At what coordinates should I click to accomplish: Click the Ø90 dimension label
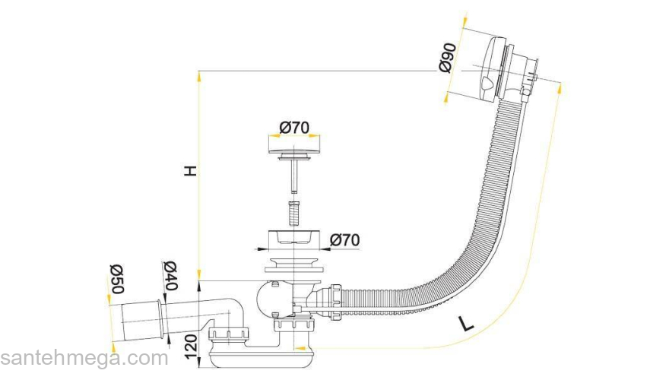[x=447, y=58]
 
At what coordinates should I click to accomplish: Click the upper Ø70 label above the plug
[x=294, y=127]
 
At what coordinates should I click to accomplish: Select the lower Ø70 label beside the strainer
[x=344, y=240]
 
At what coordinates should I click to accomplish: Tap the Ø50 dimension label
[x=116, y=279]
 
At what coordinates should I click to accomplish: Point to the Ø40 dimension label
[x=170, y=275]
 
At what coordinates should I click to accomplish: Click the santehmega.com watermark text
[x=84, y=358]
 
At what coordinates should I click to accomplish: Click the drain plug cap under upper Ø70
[x=294, y=150]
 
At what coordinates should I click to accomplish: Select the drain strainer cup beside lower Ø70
[x=294, y=238]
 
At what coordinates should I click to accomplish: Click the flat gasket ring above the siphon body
[x=293, y=270]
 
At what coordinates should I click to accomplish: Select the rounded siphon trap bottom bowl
[x=263, y=358]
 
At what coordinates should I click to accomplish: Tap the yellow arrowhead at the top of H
[x=199, y=78]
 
